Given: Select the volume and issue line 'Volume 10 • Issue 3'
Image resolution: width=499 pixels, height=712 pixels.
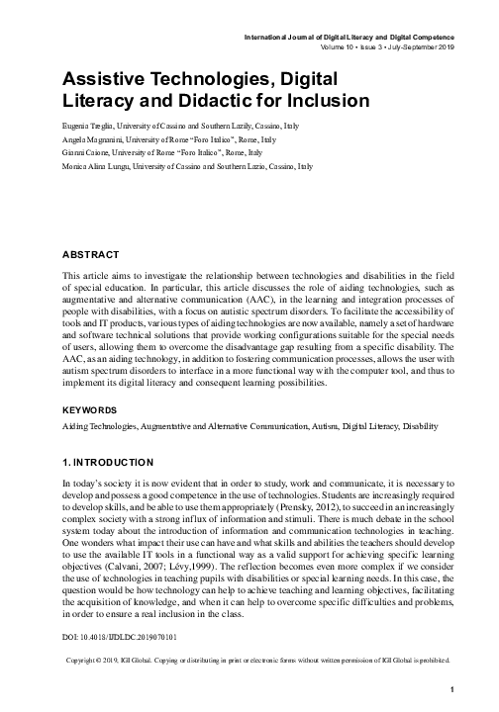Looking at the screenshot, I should coord(351,46).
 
